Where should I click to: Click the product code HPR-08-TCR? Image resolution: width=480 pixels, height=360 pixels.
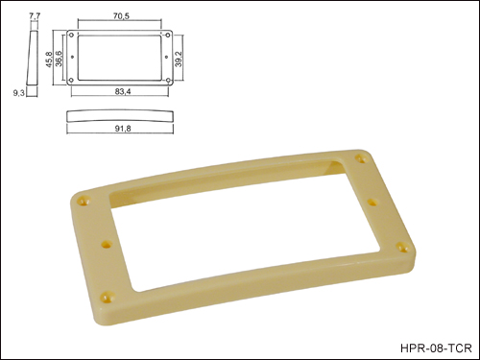point(436,348)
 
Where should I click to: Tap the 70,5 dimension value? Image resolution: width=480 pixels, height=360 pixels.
point(121,15)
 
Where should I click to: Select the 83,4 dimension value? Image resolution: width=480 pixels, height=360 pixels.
point(123,91)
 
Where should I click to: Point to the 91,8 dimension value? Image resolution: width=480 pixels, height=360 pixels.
point(123,129)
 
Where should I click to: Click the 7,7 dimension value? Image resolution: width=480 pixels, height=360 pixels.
point(35,15)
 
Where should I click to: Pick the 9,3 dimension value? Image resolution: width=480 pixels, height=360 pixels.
point(18,93)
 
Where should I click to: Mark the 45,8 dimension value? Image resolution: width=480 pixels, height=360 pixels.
point(49,59)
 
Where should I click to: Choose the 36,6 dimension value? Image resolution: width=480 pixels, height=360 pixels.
point(59,59)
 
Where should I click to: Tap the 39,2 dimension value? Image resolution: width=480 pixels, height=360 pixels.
point(179,59)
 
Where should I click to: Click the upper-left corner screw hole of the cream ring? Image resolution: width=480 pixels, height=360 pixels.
point(84,202)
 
